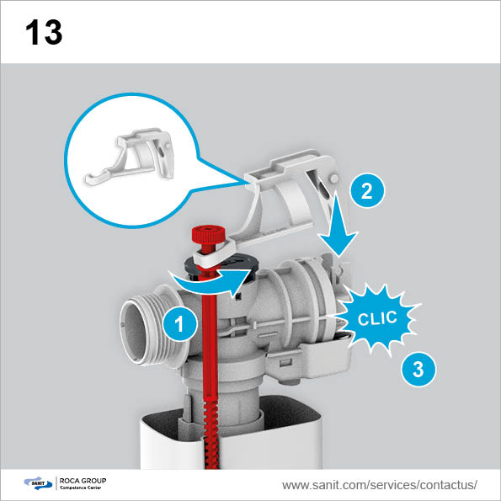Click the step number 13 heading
pos(44,32)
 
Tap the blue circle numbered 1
pos(180,324)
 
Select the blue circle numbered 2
pos(367,190)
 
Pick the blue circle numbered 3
pos(418,369)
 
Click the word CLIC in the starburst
pos(377,318)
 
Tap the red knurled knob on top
pos(204,235)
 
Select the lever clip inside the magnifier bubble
pos(129,157)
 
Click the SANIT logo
pos(38,482)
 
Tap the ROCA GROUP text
pos(83,481)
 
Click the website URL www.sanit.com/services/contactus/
pos(379,485)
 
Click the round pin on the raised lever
pos(334,179)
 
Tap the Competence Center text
pos(81,488)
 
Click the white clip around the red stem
pos(213,252)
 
